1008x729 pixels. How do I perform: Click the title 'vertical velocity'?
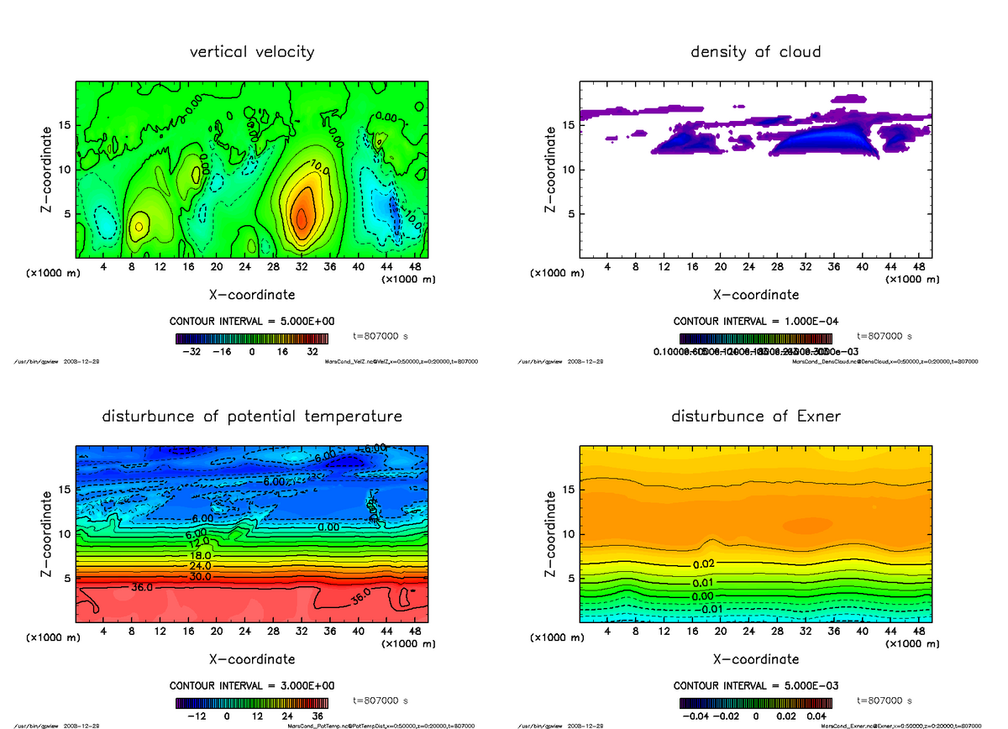click(x=252, y=52)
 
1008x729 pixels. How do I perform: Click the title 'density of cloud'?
click(x=755, y=52)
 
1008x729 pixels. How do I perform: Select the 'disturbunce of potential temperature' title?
click(x=252, y=417)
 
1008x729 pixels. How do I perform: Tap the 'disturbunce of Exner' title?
click(x=755, y=417)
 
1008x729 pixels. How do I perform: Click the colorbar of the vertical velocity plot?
click(x=252, y=338)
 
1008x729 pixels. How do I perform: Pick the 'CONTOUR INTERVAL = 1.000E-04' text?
click(x=755, y=322)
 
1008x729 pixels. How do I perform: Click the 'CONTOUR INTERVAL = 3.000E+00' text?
click(x=252, y=685)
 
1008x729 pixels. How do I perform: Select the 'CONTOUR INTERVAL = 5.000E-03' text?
click(x=755, y=685)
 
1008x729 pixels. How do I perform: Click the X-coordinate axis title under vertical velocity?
click(x=252, y=295)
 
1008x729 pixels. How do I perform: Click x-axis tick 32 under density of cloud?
click(x=806, y=267)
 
